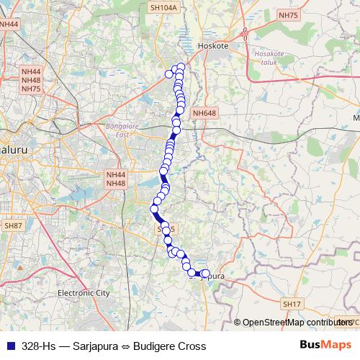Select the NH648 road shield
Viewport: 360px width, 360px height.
pos(204,113)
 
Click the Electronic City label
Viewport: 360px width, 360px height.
pos(84,293)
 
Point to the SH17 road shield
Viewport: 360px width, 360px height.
pos(292,305)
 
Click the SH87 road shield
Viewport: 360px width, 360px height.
pos(13,226)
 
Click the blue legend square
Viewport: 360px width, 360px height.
pos(10,346)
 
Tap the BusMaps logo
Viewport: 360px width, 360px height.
pos(325,346)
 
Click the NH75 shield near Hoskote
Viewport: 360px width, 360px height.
pos(288,14)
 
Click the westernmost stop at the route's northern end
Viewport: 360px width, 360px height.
pos(170,73)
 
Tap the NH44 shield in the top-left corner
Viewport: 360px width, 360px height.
pos(9,24)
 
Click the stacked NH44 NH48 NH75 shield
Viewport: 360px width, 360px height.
pos(32,79)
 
